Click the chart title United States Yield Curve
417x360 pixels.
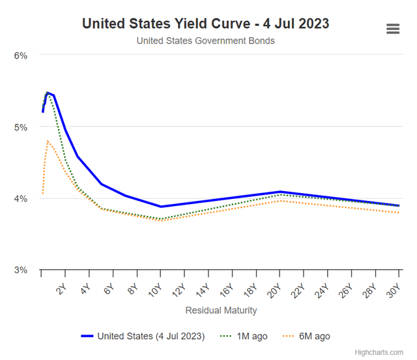click(x=206, y=23)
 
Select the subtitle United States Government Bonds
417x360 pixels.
click(x=206, y=40)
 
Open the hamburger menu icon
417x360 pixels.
click(x=392, y=29)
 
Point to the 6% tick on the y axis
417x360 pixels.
click(x=21, y=55)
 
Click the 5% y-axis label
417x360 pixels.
click(x=21, y=127)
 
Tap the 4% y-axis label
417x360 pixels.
click(x=21, y=198)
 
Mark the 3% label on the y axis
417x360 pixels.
click(x=21, y=270)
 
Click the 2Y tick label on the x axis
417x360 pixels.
click(x=61, y=288)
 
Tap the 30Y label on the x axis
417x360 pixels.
click(x=394, y=290)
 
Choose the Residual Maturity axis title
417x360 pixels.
click(x=221, y=310)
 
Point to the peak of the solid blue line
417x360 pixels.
click(x=48, y=93)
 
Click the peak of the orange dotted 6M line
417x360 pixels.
click(x=48, y=141)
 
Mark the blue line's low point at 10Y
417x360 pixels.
click(x=161, y=207)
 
